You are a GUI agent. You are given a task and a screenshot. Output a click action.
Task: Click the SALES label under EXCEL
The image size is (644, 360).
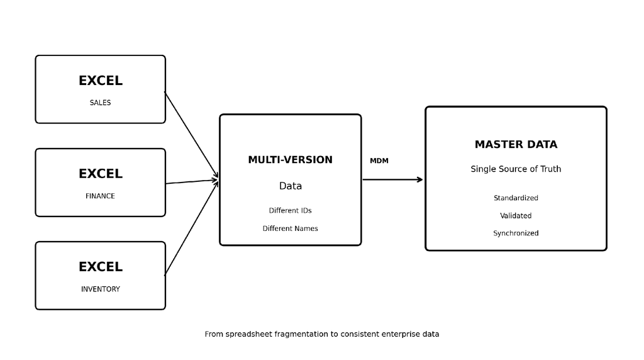[x=100, y=103]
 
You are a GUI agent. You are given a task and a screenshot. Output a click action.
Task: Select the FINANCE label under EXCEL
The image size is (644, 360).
[x=100, y=196]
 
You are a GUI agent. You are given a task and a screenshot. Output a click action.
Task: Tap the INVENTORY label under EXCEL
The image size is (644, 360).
[x=100, y=290]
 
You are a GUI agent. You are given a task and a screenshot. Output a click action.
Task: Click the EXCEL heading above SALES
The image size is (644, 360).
[x=101, y=81]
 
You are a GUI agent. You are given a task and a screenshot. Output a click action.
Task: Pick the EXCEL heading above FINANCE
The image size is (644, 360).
[x=101, y=174]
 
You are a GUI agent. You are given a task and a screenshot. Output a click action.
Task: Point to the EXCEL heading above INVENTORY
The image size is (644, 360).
[x=101, y=267]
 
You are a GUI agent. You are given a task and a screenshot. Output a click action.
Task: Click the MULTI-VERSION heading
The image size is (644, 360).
[x=291, y=160]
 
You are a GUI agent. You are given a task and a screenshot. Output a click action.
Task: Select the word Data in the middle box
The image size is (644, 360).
[x=291, y=186]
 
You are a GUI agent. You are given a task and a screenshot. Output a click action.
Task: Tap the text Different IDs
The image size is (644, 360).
[x=291, y=210]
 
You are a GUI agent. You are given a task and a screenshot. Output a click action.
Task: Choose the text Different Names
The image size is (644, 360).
[x=291, y=228]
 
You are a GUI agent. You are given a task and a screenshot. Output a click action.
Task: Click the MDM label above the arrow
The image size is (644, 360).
[x=379, y=160]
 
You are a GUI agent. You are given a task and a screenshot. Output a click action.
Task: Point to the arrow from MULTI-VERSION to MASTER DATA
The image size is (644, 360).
[x=392, y=179]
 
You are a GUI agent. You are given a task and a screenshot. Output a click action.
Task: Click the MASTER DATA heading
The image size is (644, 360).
[x=516, y=145]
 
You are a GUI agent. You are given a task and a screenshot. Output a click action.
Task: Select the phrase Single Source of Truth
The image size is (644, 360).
[x=516, y=169]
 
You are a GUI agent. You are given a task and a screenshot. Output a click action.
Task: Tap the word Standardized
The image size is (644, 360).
[x=516, y=198]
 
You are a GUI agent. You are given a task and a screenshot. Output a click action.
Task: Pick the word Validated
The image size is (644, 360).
[x=516, y=216]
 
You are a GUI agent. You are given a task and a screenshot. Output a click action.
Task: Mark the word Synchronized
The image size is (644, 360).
[x=516, y=233]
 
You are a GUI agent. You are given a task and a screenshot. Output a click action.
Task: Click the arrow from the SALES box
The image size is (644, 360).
[x=191, y=135]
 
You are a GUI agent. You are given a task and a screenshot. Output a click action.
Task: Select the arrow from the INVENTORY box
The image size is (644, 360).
[x=191, y=228]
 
